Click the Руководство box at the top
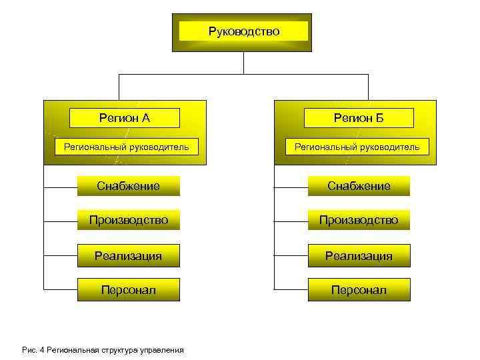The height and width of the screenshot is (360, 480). pos(244,31)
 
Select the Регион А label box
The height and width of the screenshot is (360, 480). pos(125,118)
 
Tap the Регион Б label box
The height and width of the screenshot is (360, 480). pos(358,118)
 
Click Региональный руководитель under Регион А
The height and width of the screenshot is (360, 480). pos(126,147)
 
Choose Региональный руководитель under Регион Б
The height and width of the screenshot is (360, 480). pos(357,147)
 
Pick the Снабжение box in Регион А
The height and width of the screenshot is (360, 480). pos(129,186)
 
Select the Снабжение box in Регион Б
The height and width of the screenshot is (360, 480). pos(359,186)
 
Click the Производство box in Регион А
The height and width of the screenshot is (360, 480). pos(129,220)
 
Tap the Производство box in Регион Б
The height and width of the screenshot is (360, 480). pos(359,220)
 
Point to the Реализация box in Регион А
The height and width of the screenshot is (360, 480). pos(129,255)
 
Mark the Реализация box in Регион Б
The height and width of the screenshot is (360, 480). pos(359,255)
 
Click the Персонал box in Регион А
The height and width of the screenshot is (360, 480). pos(129,290)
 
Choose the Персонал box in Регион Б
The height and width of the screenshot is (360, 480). pos(359,290)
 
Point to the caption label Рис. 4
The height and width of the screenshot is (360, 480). pos(32,349)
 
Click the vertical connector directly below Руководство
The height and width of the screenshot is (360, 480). pos(244,63)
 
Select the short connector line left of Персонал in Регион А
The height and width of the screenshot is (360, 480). pos(60,290)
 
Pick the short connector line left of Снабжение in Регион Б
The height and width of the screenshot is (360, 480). pos(291,187)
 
